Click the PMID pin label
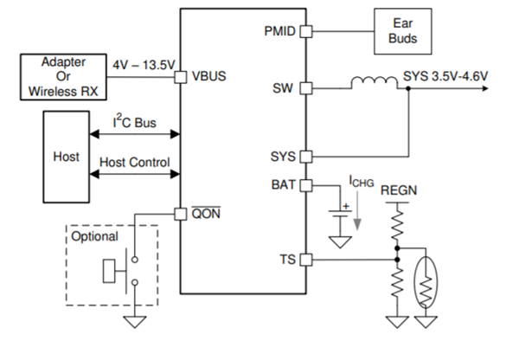pyautogui.click(x=279, y=32)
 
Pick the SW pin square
pyautogui.click(x=304, y=88)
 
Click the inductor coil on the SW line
pyautogui.click(x=373, y=84)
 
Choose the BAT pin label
pyautogui.click(x=283, y=184)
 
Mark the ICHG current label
pyautogui.click(x=362, y=182)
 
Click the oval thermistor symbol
pyautogui.click(x=426, y=280)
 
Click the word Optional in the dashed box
pyautogui.click(x=94, y=236)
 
